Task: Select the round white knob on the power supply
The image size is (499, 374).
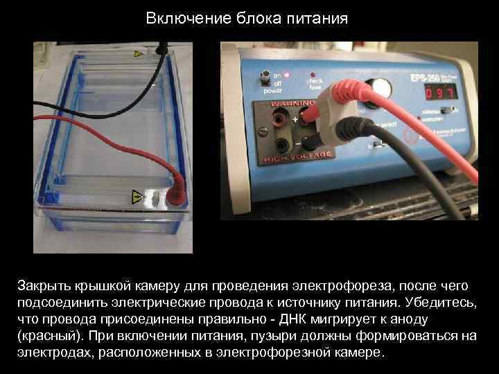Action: (379, 87)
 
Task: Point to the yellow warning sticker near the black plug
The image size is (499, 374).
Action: (139, 53)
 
